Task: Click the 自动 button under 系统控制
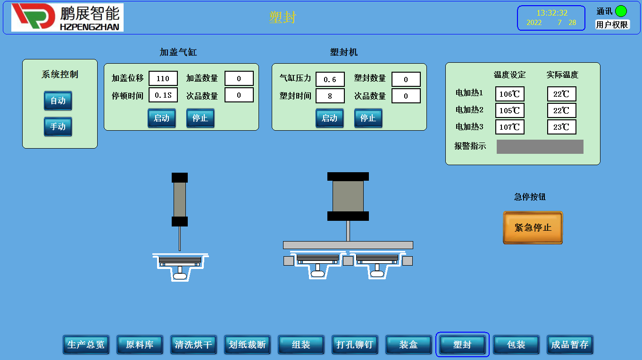pyautogui.click(x=58, y=100)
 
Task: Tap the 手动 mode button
pyautogui.click(x=58, y=126)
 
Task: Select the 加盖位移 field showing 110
pyautogui.click(x=163, y=78)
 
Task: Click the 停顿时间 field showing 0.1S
pyautogui.click(x=163, y=95)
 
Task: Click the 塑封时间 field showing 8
pyautogui.click(x=330, y=96)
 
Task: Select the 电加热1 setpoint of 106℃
pyautogui.click(x=509, y=94)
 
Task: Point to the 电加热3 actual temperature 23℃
pyautogui.click(x=561, y=127)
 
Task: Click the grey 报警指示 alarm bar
pyautogui.click(x=540, y=147)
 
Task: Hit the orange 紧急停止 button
pyautogui.click(x=533, y=227)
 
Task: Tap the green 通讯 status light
pyautogui.click(x=621, y=11)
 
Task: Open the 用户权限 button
pyautogui.click(x=612, y=25)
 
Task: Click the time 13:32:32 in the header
pyautogui.click(x=551, y=13)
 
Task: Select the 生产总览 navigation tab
pyautogui.click(x=86, y=344)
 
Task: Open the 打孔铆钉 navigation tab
pyautogui.click(x=354, y=344)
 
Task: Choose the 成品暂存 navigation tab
pyautogui.click(x=569, y=344)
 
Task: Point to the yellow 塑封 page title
pyautogui.click(x=283, y=17)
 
